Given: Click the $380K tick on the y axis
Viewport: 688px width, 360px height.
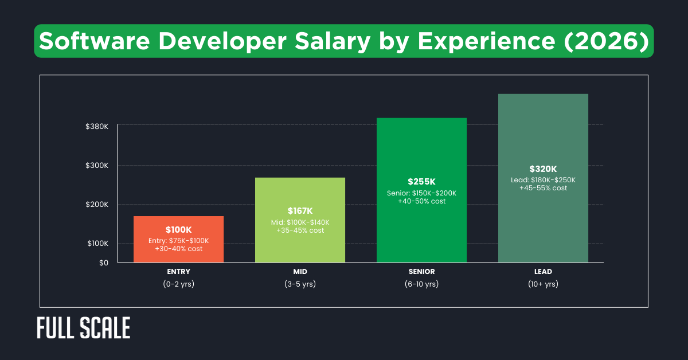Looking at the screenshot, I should coord(97,126).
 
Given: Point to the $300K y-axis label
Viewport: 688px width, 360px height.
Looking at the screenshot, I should coord(97,166).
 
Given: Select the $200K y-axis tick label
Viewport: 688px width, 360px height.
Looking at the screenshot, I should coord(97,205).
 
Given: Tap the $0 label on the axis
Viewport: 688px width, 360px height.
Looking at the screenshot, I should coord(103,263).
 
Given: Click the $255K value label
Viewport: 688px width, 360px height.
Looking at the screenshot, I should coord(421,182).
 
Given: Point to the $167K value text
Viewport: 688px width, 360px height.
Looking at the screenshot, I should coord(300,211).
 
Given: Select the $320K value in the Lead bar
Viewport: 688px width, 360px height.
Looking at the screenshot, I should coord(543,169).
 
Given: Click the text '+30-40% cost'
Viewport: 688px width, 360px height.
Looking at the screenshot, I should coord(178,249).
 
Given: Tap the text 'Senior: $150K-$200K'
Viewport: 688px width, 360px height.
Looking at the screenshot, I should coord(421,193).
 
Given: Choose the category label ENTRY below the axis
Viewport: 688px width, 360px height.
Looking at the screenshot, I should coord(178,272).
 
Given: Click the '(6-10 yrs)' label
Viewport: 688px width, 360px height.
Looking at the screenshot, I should coord(421,284).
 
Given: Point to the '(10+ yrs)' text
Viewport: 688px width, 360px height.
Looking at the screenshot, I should coord(543,284).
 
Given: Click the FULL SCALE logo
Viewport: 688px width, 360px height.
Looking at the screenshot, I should coord(84,328).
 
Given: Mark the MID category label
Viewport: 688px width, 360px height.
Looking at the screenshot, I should coord(300,272).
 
